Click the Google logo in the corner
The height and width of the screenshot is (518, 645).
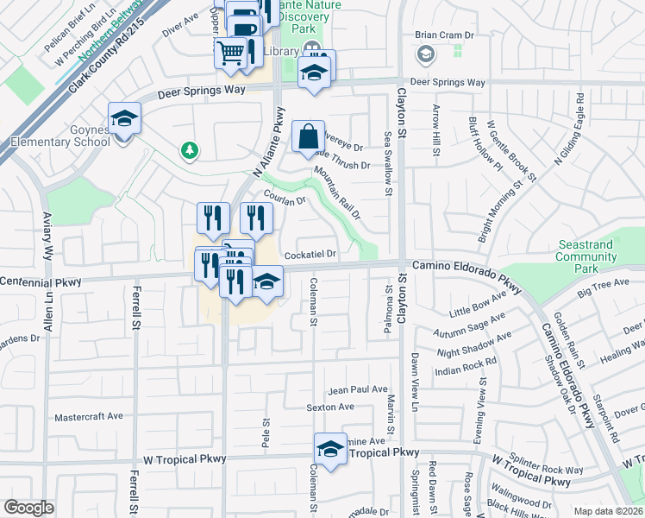click(x=28, y=508)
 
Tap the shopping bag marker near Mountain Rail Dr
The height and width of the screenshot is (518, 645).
click(x=309, y=137)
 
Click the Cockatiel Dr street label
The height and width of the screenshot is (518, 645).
click(x=309, y=255)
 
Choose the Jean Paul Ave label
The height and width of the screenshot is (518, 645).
click(x=358, y=390)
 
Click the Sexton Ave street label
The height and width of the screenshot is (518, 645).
click(x=330, y=407)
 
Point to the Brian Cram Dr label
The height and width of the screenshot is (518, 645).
click(x=445, y=35)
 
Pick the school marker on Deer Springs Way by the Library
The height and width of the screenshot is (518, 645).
click(x=314, y=73)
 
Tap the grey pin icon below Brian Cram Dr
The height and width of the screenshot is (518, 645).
click(x=425, y=55)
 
